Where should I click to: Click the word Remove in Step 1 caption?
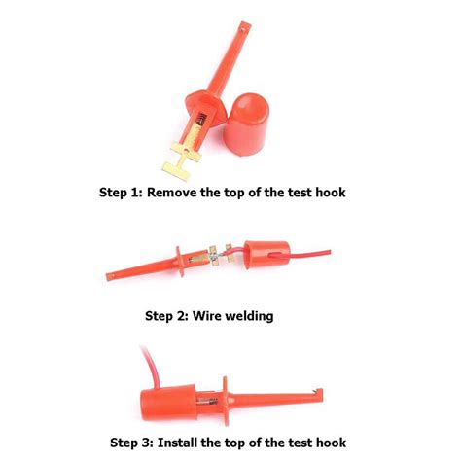(172, 193)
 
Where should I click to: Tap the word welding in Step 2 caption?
(249, 315)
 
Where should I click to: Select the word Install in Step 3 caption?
(177, 443)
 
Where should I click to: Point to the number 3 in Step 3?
(146, 443)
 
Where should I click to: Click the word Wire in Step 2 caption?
(206, 315)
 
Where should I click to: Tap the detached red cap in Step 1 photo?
(245, 124)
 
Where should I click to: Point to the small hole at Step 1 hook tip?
(242, 29)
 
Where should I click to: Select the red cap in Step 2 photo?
(266, 255)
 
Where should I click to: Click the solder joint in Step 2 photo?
(214, 258)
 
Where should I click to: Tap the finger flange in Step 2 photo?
(180, 262)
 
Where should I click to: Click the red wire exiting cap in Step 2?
(309, 253)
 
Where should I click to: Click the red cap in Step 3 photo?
(168, 404)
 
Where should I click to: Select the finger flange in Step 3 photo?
(226, 401)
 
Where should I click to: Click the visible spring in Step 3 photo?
(209, 403)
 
